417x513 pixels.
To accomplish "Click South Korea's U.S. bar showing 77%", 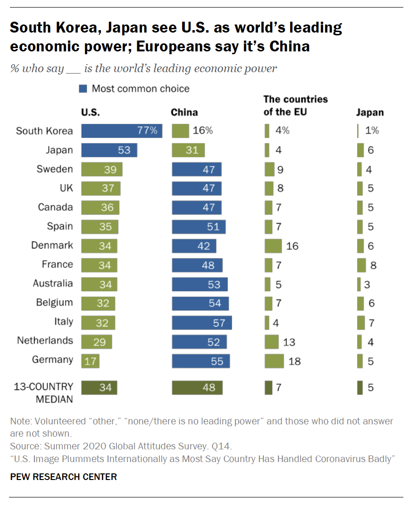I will [122, 131].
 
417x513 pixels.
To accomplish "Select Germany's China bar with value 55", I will [201, 361].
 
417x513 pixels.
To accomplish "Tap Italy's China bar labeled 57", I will [202, 323].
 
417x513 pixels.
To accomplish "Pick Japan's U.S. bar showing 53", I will [109, 150].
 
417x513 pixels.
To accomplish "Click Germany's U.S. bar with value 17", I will [91, 361].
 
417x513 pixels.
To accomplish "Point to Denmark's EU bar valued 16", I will [273, 246].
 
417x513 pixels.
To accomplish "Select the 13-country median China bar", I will [197, 388].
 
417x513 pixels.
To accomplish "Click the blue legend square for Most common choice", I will [83, 89].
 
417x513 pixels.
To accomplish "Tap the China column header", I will [184, 113].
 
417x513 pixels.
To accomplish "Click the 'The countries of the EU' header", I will [295, 106].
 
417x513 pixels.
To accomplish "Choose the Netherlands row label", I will [45, 340].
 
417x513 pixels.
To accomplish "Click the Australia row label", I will [53, 283].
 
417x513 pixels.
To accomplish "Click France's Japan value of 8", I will [373, 265].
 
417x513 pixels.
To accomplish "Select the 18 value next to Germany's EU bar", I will [294, 362].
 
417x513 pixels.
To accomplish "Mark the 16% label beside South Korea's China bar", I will [203, 131].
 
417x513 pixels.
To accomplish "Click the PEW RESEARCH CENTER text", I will [63, 477].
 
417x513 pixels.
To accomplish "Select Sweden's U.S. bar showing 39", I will [102, 169].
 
